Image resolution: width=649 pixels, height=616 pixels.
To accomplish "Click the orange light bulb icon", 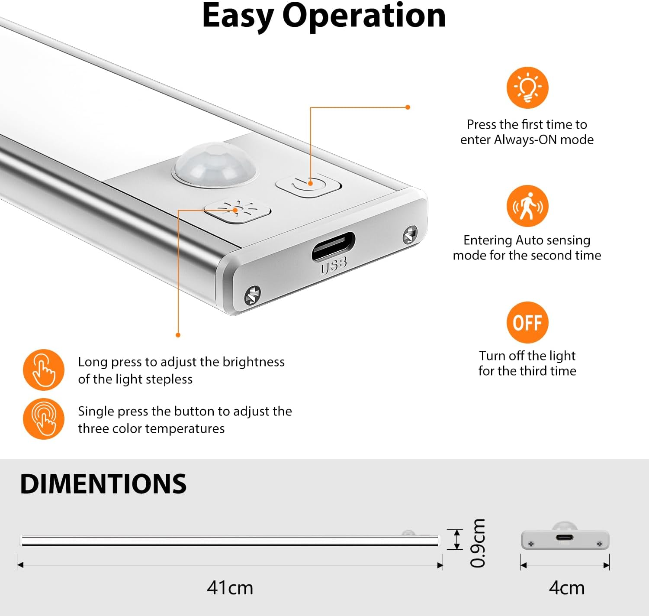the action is [x=527, y=88].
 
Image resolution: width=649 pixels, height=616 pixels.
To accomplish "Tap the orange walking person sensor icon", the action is [x=527, y=206].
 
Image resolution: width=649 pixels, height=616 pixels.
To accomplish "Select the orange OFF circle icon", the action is [x=527, y=322].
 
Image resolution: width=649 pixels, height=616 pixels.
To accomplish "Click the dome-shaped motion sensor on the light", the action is [x=215, y=164].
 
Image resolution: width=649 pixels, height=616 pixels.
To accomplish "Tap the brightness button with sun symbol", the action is [x=238, y=211].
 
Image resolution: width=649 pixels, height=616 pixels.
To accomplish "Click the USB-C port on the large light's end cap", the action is [x=334, y=246].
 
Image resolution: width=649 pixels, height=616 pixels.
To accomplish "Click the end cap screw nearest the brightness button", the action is [x=253, y=295].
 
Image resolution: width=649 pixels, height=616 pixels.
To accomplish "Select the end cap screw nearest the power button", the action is [x=410, y=235].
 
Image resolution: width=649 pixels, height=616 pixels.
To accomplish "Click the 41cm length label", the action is [x=230, y=588].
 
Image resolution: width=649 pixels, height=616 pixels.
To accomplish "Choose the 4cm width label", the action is [x=566, y=588].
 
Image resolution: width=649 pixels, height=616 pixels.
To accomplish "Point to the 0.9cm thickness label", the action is [x=478, y=543].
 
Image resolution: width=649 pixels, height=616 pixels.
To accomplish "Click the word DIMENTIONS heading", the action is [x=103, y=484].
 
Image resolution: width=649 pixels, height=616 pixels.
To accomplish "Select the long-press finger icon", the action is [x=44, y=370].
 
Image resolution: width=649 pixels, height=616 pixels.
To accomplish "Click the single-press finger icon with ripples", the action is [x=44, y=418].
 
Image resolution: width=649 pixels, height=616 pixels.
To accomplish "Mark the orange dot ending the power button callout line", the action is [x=408, y=107].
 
